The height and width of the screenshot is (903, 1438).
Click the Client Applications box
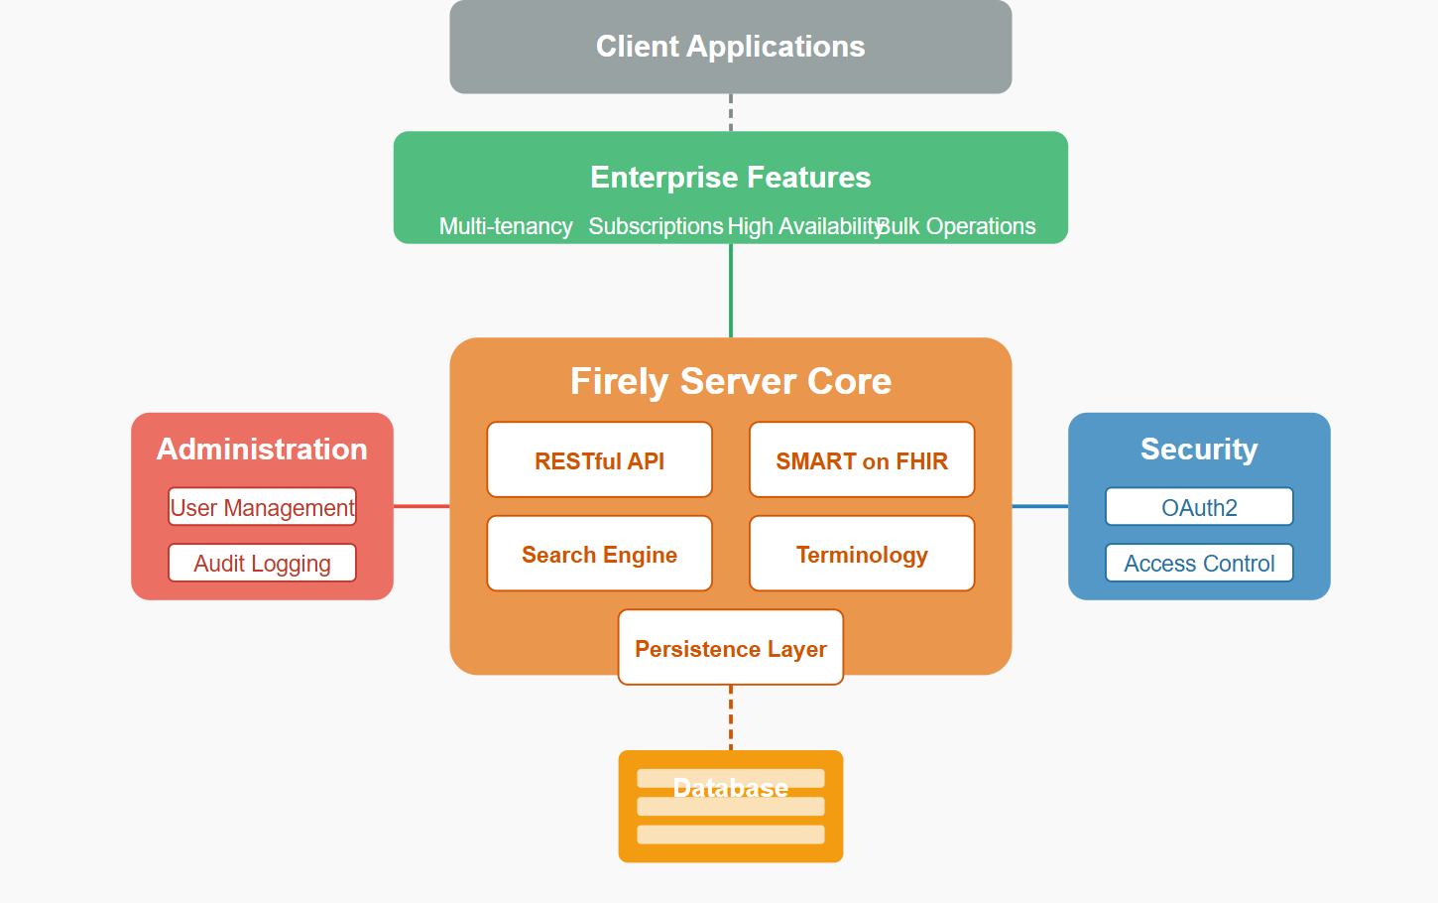pos(731,47)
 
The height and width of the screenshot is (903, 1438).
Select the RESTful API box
pos(600,459)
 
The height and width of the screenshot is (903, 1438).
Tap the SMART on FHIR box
pos(862,459)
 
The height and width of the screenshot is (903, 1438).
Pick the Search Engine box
pos(600,554)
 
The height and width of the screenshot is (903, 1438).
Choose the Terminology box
pos(862,554)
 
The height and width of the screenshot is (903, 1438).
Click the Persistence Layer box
pos(731,647)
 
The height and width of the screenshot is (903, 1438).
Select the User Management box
pos(262,507)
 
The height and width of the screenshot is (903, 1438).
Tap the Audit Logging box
pos(262,563)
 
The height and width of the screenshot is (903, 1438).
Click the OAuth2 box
pos(1199,507)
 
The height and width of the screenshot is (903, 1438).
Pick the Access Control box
pos(1199,563)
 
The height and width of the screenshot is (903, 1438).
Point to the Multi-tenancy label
pos(506,226)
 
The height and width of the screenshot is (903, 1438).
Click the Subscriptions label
pos(656,226)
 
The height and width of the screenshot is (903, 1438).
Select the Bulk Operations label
pos(956,226)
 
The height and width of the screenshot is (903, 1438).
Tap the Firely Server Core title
pos(731,381)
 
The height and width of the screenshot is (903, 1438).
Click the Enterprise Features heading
pos(731,178)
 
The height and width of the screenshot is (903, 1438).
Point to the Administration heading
pos(262,449)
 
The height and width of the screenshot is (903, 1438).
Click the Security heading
pos(1199,449)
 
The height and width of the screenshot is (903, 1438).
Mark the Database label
pos(731,788)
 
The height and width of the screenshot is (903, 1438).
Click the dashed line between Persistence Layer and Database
pos(731,717)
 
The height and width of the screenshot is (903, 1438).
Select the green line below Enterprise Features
pos(731,291)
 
